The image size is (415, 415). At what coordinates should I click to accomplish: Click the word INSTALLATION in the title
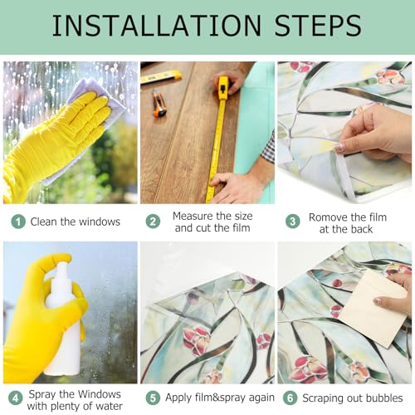(157, 26)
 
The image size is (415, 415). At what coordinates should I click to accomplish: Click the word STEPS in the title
(318, 26)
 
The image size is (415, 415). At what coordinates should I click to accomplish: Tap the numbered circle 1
(18, 222)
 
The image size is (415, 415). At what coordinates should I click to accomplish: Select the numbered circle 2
(153, 222)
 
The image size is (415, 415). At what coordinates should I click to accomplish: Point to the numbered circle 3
(293, 222)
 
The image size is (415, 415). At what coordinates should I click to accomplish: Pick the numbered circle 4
(15, 398)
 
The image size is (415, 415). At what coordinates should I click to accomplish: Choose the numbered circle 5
(153, 398)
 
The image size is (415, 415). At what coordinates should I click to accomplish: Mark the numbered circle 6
(290, 398)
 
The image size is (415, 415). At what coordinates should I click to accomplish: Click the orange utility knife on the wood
(159, 104)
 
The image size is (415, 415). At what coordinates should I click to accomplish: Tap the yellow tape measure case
(223, 87)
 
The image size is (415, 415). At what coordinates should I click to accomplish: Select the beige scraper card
(373, 308)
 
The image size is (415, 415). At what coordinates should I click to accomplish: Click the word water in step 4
(109, 406)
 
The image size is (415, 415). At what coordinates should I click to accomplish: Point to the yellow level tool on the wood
(161, 77)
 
